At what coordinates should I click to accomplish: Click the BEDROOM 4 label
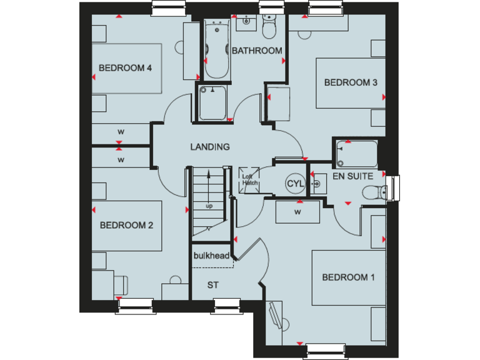[x=126, y=68]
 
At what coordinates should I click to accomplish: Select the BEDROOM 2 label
[x=126, y=226]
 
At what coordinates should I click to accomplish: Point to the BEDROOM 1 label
[x=348, y=277]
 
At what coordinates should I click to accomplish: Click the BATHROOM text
[x=257, y=51]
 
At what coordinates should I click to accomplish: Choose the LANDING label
[x=210, y=147]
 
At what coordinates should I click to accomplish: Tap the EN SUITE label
[x=353, y=177]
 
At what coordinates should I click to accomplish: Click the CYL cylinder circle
[x=294, y=184]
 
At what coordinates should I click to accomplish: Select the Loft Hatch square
[x=249, y=179]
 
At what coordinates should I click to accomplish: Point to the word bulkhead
[x=211, y=256]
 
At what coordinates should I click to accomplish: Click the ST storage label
[x=213, y=285]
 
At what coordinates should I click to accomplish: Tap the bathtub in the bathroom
[x=217, y=50]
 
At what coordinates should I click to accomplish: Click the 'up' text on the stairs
[x=209, y=206]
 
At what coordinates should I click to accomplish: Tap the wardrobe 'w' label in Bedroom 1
[x=298, y=212]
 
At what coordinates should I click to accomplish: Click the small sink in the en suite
[x=317, y=184]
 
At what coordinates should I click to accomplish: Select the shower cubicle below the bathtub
[x=214, y=102]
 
